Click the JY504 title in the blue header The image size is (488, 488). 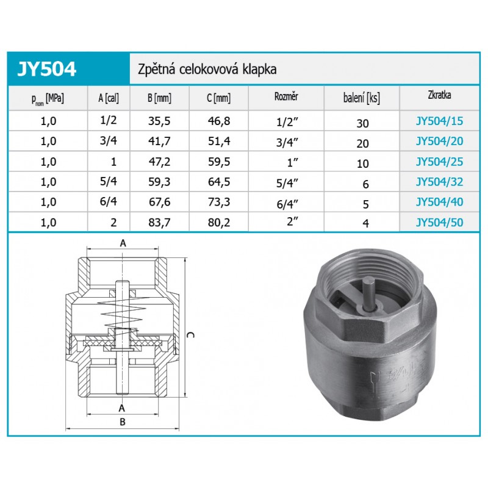pyautogui.click(x=47, y=69)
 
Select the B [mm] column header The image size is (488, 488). pyautogui.click(x=159, y=98)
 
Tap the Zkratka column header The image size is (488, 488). pyautogui.click(x=439, y=95)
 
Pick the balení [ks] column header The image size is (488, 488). pyautogui.click(x=362, y=98)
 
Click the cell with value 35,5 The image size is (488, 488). pyautogui.click(x=159, y=121)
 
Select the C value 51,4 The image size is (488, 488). pyautogui.click(x=219, y=141)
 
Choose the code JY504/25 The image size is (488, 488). pyautogui.click(x=439, y=162)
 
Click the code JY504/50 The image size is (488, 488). pyautogui.click(x=439, y=222)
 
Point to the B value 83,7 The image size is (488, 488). pyautogui.click(x=159, y=222)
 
